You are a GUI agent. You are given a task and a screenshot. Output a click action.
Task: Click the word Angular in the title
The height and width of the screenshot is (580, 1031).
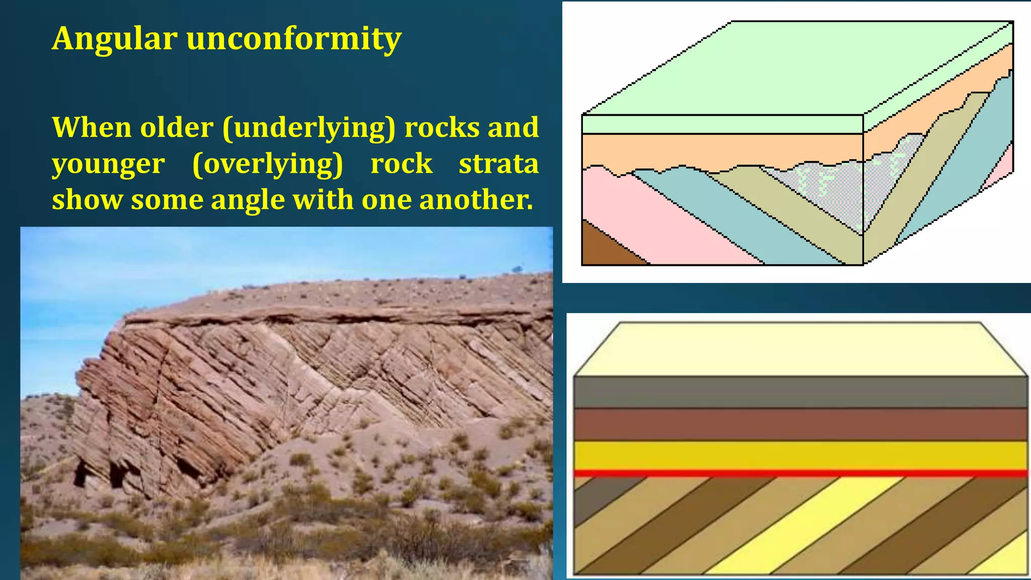[x=114, y=39]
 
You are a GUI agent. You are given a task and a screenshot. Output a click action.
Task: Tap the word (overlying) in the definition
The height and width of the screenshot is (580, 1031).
[x=267, y=164]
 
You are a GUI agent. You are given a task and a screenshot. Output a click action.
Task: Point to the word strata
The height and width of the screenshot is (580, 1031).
[x=498, y=164]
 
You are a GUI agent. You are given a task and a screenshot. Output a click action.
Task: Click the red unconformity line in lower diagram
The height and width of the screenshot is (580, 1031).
[x=800, y=474]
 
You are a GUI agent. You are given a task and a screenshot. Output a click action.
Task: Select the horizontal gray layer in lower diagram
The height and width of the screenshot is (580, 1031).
[x=800, y=392]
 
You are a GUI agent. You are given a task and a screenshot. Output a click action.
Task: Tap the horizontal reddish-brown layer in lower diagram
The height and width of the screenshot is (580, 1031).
[x=800, y=424]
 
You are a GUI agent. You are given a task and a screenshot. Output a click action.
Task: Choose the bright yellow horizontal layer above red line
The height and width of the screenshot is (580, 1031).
[x=800, y=455]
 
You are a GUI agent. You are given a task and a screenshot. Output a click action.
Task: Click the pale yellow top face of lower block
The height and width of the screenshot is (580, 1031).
[x=800, y=349]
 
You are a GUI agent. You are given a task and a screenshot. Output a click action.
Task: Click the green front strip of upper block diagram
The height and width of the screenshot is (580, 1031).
[x=722, y=124]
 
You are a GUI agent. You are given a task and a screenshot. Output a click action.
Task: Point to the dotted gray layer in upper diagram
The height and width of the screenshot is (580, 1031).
[x=831, y=189]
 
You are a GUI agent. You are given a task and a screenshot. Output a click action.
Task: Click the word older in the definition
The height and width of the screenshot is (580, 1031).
[x=177, y=127]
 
